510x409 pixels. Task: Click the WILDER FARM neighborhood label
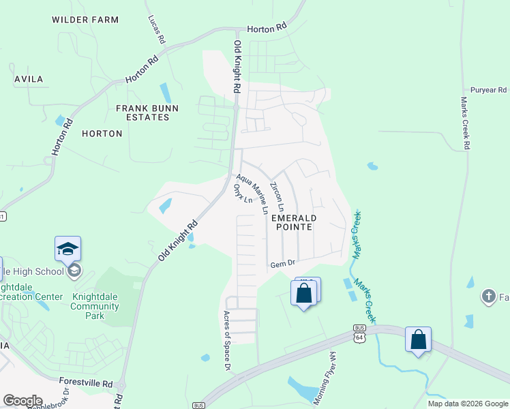(85, 20)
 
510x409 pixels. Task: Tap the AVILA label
(29, 79)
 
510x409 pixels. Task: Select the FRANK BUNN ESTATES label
(147, 112)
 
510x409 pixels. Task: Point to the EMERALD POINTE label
(293, 222)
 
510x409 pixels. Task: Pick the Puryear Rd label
(489, 90)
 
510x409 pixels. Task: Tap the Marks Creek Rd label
(464, 123)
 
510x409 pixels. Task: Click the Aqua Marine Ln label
(251, 192)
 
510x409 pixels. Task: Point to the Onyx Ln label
(243, 194)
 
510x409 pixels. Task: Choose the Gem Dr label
(282, 264)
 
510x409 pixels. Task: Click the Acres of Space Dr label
(227, 341)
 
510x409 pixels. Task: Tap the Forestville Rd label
(85, 384)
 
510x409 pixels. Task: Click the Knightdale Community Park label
(96, 307)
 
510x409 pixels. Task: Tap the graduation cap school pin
(68, 249)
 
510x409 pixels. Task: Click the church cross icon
(488, 297)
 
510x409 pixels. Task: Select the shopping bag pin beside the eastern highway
(418, 339)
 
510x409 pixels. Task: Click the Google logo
(22, 401)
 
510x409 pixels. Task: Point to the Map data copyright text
(468, 404)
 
